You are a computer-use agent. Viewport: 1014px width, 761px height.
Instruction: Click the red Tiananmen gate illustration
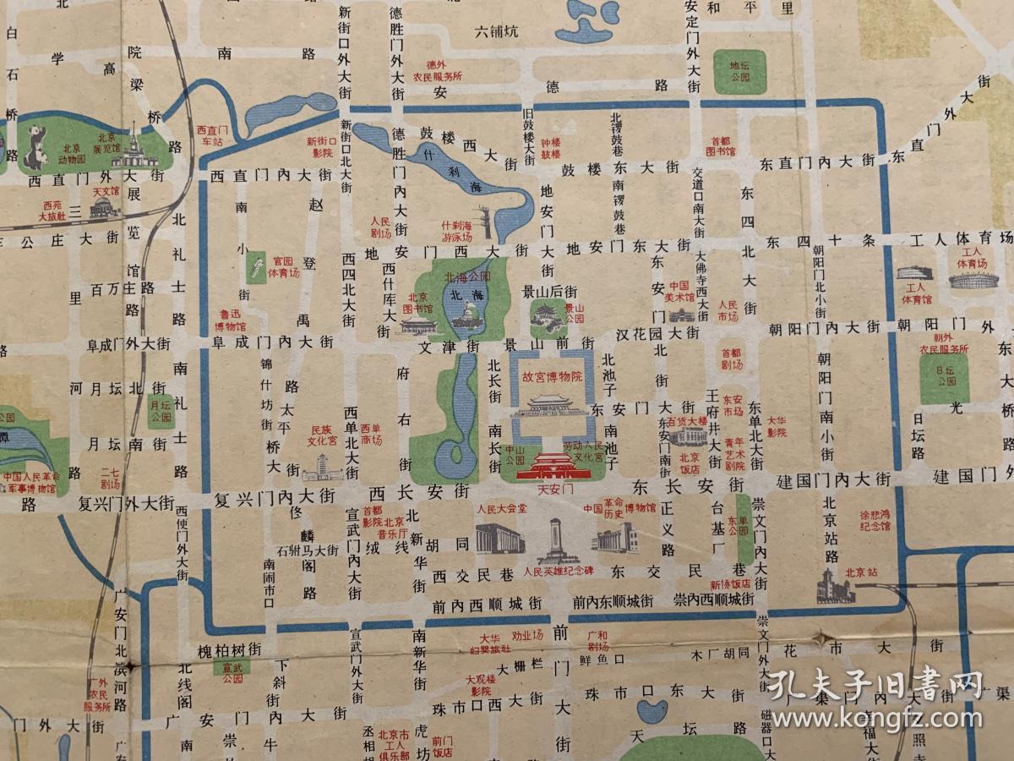point(551,466)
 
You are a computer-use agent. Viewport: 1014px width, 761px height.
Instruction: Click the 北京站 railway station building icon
point(836,587)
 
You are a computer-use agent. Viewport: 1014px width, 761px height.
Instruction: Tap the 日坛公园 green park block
point(943,377)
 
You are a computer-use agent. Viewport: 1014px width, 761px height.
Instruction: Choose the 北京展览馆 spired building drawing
point(134,151)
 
